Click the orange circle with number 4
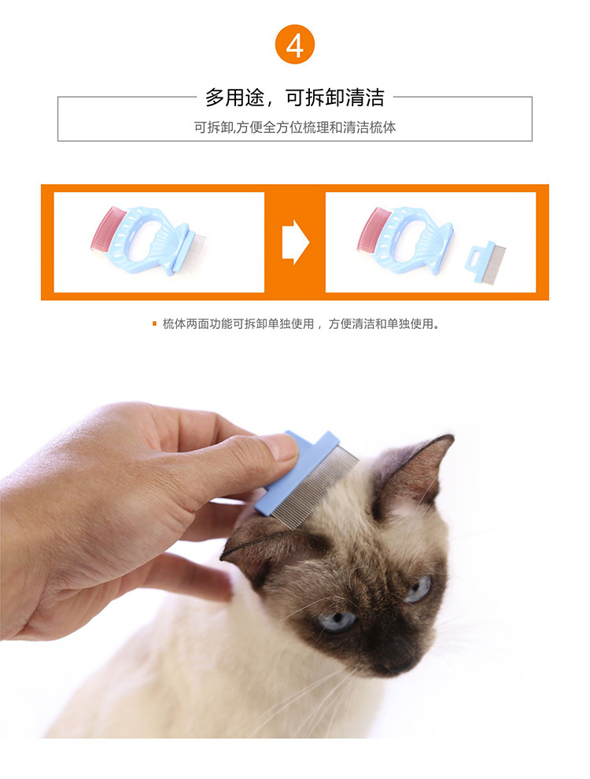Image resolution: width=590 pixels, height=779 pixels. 294,45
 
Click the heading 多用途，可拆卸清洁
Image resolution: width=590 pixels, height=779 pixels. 294,98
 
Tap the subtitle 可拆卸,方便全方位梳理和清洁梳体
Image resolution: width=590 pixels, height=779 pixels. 294,127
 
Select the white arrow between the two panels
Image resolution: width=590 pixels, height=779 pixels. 296,242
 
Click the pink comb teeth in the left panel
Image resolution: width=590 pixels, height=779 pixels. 105,228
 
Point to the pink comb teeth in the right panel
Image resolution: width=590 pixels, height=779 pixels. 372,229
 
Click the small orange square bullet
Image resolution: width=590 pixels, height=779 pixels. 154,324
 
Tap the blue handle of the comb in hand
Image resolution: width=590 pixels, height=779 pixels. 297,471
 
